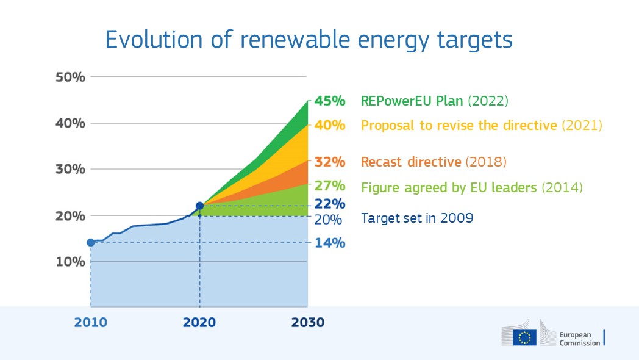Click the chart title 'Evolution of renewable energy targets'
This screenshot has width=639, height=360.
coord(309,39)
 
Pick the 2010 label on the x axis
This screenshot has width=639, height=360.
coord(91,322)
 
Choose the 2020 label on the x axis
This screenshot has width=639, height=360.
coord(199,322)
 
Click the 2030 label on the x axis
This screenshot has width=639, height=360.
coord(307,322)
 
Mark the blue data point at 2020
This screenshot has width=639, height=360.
coord(199,206)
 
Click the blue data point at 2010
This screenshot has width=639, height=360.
coord(91,242)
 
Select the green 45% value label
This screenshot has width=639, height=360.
coord(329,101)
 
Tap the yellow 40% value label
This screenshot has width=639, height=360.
coord(329,126)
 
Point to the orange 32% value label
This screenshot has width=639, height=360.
coord(329,162)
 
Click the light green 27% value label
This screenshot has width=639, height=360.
coord(329,185)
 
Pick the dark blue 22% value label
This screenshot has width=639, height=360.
coord(329,204)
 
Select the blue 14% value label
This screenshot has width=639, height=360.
coord(329,243)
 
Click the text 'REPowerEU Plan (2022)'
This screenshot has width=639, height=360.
coord(435,101)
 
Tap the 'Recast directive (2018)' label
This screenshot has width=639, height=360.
coord(434,162)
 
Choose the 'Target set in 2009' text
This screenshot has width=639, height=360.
coord(417,218)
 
